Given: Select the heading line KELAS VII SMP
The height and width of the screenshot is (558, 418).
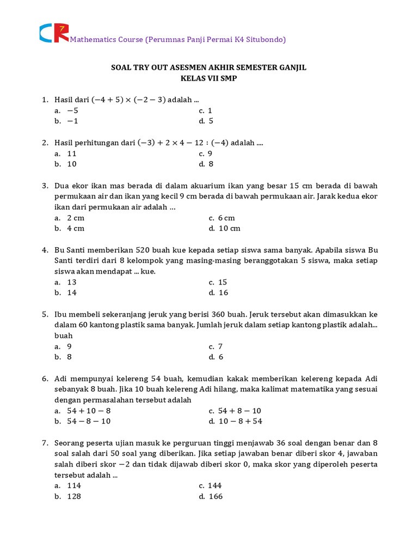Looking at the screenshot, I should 209,78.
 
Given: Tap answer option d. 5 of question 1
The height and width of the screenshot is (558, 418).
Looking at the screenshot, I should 206,121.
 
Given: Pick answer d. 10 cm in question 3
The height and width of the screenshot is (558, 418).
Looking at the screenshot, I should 224,228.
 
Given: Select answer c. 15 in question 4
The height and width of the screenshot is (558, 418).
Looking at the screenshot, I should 218,282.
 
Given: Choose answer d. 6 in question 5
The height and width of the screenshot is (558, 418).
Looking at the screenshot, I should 216,357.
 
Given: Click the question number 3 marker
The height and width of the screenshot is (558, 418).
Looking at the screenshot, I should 45,186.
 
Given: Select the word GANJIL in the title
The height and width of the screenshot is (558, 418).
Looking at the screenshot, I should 291,68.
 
